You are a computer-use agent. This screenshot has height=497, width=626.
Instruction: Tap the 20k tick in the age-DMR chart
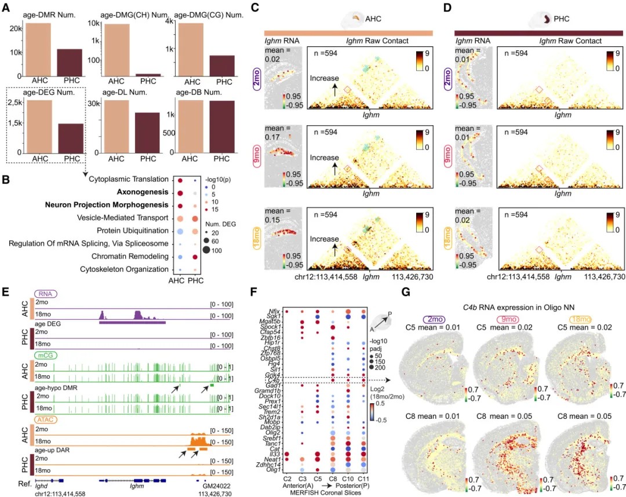click(x=16, y=28)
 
